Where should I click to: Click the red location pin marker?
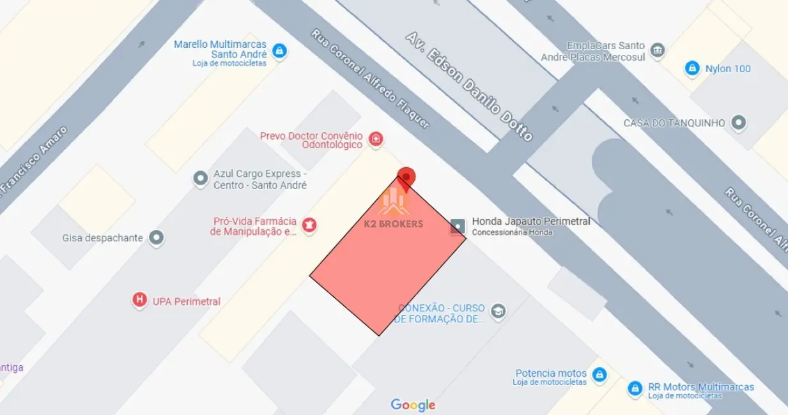click(x=406, y=177)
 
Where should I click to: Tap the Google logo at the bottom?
click(x=413, y=405)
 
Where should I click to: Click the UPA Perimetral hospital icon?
click(x=139, y=300)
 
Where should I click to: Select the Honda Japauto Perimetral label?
click(x=530, y=222)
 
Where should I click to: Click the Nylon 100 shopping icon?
click(x=691, y=68)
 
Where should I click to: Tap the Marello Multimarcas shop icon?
click(x=279, y=50)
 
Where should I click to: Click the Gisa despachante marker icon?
click(x=157, y=238)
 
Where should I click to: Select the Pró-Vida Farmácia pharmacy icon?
click(x=310, y=225)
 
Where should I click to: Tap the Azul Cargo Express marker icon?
click(x=201, y=178)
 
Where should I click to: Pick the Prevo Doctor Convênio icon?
click(x=376, y=139)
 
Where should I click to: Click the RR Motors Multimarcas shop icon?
click(x=635, y=388)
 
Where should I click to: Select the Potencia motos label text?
click(x=551, y=373)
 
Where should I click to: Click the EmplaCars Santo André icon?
click(x=656, y=49)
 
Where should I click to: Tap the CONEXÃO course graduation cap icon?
click(x=498, y=312)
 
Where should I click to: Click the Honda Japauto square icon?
click(x=458, y=226)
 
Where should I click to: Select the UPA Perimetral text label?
click(x=187, y=301)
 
